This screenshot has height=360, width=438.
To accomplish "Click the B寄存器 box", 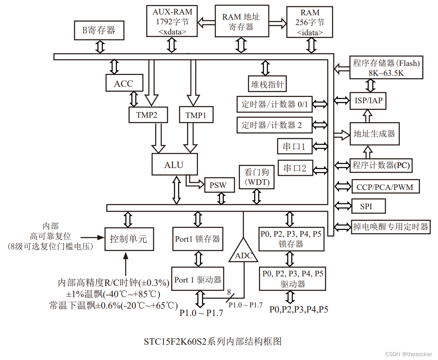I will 99,30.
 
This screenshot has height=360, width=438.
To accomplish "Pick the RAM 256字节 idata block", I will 310,22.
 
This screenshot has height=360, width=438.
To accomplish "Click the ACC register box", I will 123,84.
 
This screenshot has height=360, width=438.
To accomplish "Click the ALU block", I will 174,164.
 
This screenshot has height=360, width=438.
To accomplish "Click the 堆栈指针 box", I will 267,84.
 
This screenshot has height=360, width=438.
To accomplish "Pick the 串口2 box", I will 295,168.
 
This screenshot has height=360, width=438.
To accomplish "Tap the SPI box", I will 366,206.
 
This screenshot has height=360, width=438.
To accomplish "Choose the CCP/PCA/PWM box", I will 385,187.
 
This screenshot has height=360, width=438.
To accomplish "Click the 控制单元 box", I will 128,239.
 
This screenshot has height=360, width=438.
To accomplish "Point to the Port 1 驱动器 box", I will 198,280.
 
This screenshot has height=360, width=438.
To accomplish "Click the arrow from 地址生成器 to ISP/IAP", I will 368,116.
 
